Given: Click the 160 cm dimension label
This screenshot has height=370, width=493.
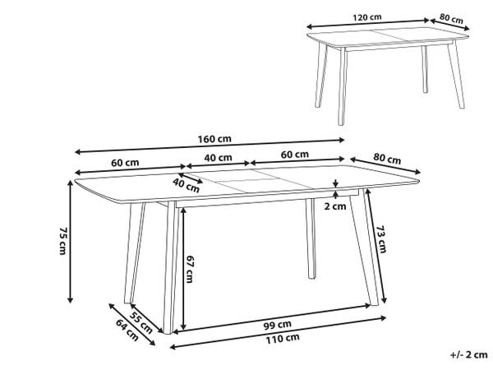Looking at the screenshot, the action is (x=214, y=139).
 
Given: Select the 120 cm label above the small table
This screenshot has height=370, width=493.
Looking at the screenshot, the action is (x=367, y=17).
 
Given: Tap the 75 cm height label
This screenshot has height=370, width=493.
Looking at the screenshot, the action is (x=63, y=241).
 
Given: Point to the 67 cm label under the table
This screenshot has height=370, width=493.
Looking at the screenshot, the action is (x=190, y=269).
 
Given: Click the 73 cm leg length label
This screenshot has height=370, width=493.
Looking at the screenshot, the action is (x=381, y=239).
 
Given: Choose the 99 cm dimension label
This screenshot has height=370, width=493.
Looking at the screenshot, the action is (x=278, y=325).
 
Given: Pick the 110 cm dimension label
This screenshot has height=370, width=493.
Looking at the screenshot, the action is (x=283, y=339).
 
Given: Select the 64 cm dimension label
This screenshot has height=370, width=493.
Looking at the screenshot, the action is (x=127, y=330).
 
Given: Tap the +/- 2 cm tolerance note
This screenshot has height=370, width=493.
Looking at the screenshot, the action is (x=469, y=355).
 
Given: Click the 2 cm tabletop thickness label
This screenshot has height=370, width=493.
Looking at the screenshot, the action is (x=335, y=206).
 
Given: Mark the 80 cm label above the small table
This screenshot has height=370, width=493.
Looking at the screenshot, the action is (x=451, y=19).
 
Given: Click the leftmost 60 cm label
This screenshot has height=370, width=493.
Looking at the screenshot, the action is (x=125, y=163).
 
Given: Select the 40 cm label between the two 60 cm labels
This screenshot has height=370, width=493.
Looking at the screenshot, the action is (x=219, y=157).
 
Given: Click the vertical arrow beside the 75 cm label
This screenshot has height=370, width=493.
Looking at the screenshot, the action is (x=71, y=242).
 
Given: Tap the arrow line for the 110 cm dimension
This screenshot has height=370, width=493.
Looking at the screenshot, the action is (x=278, y=332).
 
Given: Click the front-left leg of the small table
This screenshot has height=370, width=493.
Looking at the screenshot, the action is (x=343, y=86).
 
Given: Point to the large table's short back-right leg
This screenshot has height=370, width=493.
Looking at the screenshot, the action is (x=311, y=238).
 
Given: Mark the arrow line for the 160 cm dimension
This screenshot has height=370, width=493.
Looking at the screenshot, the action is (x=210, y=146).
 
